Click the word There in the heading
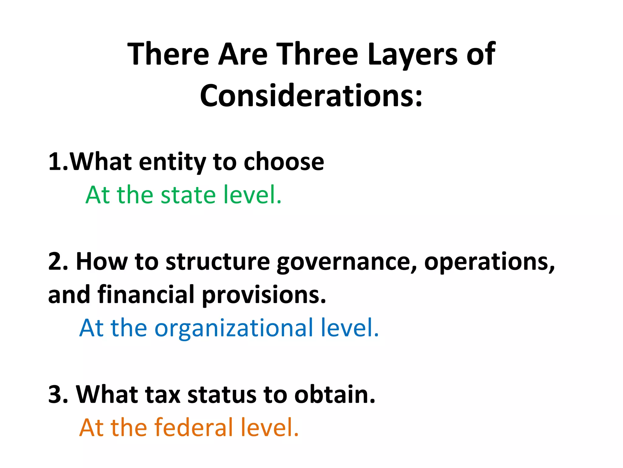click(x=169, y=54)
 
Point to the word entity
click(x=172, y=162)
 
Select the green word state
click(x=188, y=195)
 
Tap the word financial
click(x=146, y=295)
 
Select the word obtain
click(x=335, y=395)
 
